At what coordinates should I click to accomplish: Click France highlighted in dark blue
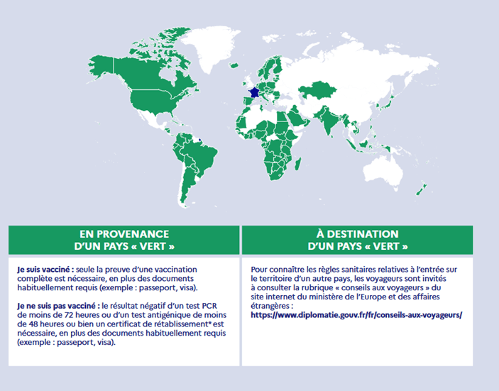[253, 92]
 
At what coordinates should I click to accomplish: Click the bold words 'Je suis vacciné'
[42, 270]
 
